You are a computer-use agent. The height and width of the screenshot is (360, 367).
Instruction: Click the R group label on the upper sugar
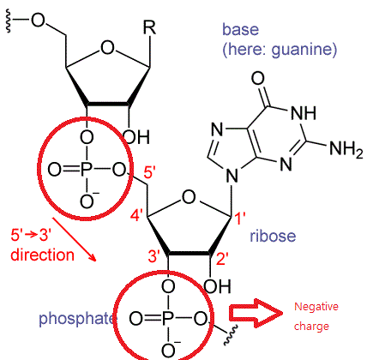click(149, 27)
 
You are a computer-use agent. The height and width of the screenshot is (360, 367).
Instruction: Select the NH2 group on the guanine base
click(346, 149)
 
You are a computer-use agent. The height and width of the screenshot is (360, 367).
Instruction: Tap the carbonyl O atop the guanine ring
click(258, 78)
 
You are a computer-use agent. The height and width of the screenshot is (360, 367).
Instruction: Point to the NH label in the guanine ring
click(304, 113)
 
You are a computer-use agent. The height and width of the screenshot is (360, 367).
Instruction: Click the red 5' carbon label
click(149, 172)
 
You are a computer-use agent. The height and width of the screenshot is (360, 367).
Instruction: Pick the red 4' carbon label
click(135, 215)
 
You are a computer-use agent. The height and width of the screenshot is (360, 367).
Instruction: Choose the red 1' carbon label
click(239, 219)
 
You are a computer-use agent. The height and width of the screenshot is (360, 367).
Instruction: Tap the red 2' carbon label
click(222, 260)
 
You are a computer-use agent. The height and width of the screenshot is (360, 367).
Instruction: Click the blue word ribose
click(273, 236)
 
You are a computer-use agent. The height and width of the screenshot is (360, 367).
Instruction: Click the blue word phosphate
click(76, 319)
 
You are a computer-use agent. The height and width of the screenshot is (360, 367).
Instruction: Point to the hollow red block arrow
click(256, 313)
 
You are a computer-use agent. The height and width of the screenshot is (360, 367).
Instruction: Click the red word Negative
click(316, 307)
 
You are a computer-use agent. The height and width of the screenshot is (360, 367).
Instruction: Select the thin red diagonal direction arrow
click(74, 239)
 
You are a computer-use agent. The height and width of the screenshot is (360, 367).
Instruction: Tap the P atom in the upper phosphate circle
click(86, 170)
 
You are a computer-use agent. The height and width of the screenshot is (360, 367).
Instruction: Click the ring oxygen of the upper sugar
click(107, 48)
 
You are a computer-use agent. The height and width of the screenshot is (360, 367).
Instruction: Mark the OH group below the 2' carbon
click(217, 286)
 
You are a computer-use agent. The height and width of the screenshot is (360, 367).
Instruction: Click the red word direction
click(42, 255)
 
